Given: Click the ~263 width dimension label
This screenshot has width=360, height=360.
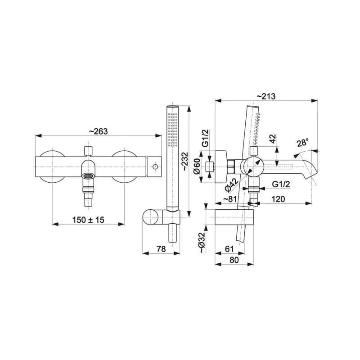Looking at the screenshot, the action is pyautogui.click(x=98, y=131).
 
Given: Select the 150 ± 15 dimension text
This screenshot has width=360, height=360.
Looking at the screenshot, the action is pyautogui.click(x=88, y=220).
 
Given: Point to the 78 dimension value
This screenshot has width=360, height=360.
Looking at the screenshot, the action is pyautogui.click(x=161, y=249).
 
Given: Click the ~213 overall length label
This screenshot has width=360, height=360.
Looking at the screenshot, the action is pyautogui.click(x=266, y=96).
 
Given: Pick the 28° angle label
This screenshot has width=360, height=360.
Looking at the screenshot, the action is pyautogui.click(x=302, y=143).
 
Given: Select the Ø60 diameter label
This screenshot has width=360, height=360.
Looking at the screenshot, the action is pyautogui.click(x=197, y=166).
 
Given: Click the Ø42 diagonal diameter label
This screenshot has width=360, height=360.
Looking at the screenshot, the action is pyautogui.click(x=231, y=185).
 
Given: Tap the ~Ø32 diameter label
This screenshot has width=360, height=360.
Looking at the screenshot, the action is pyautogui.click(x=201, y=243).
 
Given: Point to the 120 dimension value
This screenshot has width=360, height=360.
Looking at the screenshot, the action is pyautogui.click(x=278, y=199).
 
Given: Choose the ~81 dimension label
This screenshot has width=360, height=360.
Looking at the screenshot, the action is pyautogui.click(x=230, y=199).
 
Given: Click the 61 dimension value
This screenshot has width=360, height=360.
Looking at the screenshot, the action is pyautogui.click(x=229, y=249).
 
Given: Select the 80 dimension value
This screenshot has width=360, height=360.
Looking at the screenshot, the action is pyautogui.click(x=234, y=260).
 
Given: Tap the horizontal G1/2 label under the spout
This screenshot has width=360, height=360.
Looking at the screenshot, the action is pyautogui.click(x=281, y=184).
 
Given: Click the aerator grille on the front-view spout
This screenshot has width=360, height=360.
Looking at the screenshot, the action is pyautogui.click(x=88, y=176).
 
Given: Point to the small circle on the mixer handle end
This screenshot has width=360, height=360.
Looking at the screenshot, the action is pyautogui.click(x=155, y=166).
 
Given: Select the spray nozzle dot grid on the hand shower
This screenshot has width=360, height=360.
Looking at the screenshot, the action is pyautogui.click(x=172, y=130).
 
